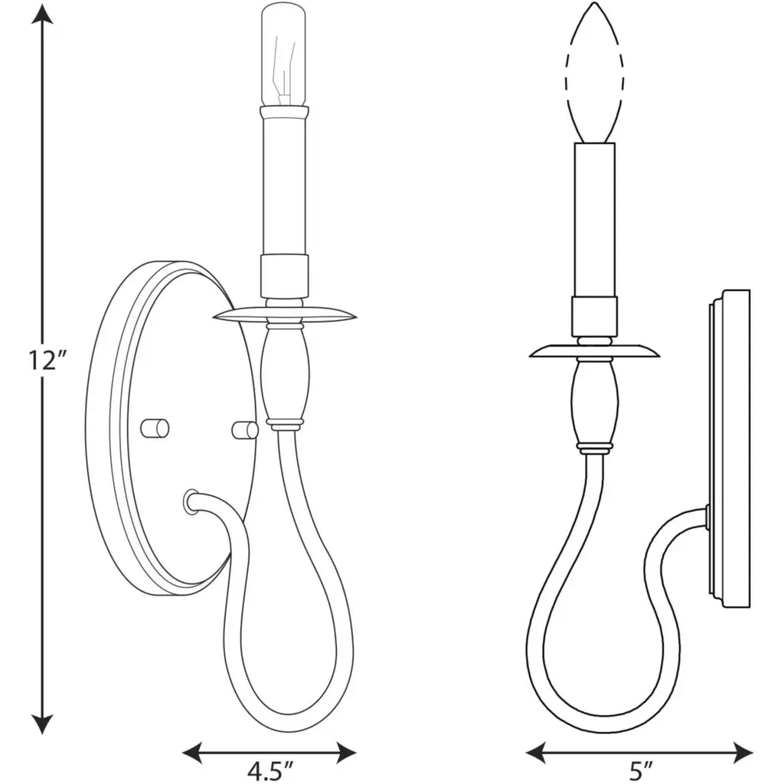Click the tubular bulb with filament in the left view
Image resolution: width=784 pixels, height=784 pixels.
pos(283,54)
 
